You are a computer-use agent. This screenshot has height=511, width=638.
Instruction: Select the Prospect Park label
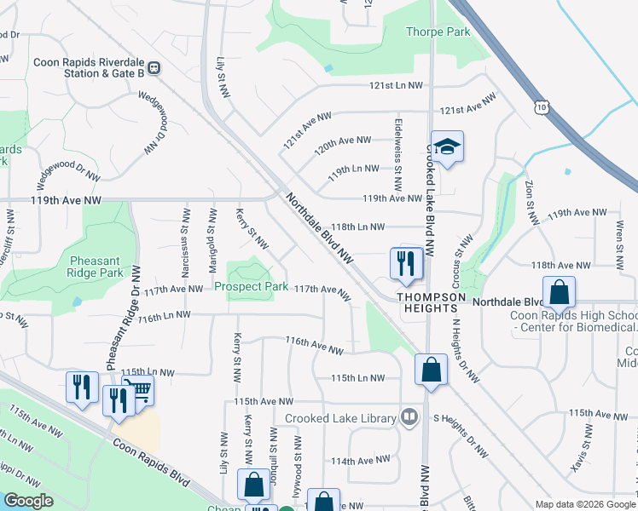tap(251, 287)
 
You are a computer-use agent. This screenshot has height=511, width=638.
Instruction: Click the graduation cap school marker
tap(446, 147)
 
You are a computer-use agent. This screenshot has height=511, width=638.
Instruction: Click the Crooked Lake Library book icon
tap(410, 417)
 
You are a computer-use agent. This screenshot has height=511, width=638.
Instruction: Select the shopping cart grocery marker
tap(139, 391)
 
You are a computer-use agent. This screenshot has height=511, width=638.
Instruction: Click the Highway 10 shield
tap(541, 106)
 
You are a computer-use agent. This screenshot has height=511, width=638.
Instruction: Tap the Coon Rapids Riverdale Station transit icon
tap(154, 67)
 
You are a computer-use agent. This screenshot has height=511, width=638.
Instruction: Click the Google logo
tap(27, 501)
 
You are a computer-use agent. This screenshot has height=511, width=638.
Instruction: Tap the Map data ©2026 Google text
tap(584, 504)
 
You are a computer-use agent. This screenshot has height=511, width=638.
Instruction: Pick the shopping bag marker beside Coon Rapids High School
tap(559, 292)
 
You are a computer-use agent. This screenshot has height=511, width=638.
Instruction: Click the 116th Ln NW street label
tap(162, 317)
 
